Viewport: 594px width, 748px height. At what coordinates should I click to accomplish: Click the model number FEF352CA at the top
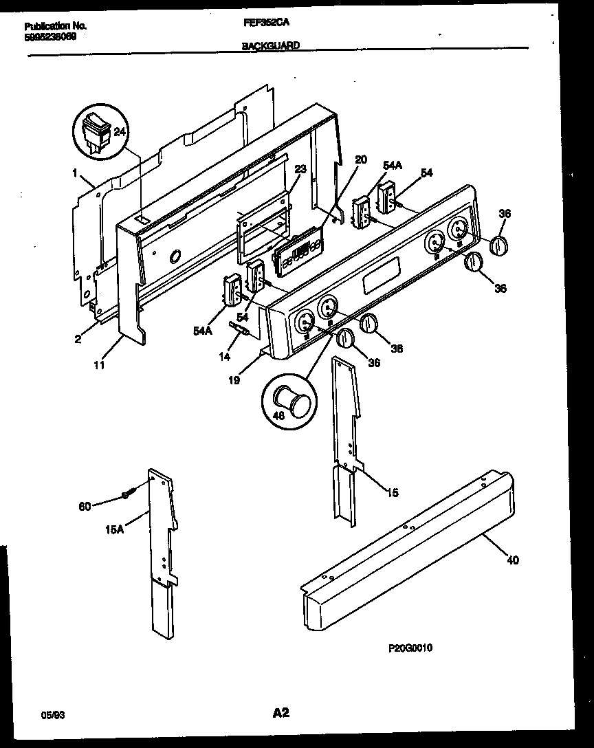click(x=265, y=22)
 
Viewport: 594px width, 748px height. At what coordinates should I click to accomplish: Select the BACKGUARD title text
click(x=270, y=45)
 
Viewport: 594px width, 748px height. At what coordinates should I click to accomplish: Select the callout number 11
click(x=100, y=366)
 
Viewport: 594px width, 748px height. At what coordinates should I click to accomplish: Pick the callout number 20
click(x=361, y=159)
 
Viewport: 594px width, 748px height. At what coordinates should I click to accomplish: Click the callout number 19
click(x=234, y=379)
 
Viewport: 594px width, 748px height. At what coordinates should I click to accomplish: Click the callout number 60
click(x=84, y=507)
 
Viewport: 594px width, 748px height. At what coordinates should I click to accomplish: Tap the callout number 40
click(x=513, y=560)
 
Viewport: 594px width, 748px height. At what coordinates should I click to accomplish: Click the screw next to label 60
click(x=127, y=494)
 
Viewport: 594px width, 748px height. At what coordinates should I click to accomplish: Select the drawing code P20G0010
click(x=410, y=648)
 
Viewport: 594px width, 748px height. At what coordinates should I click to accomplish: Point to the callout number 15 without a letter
click(x=393, y=492)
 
